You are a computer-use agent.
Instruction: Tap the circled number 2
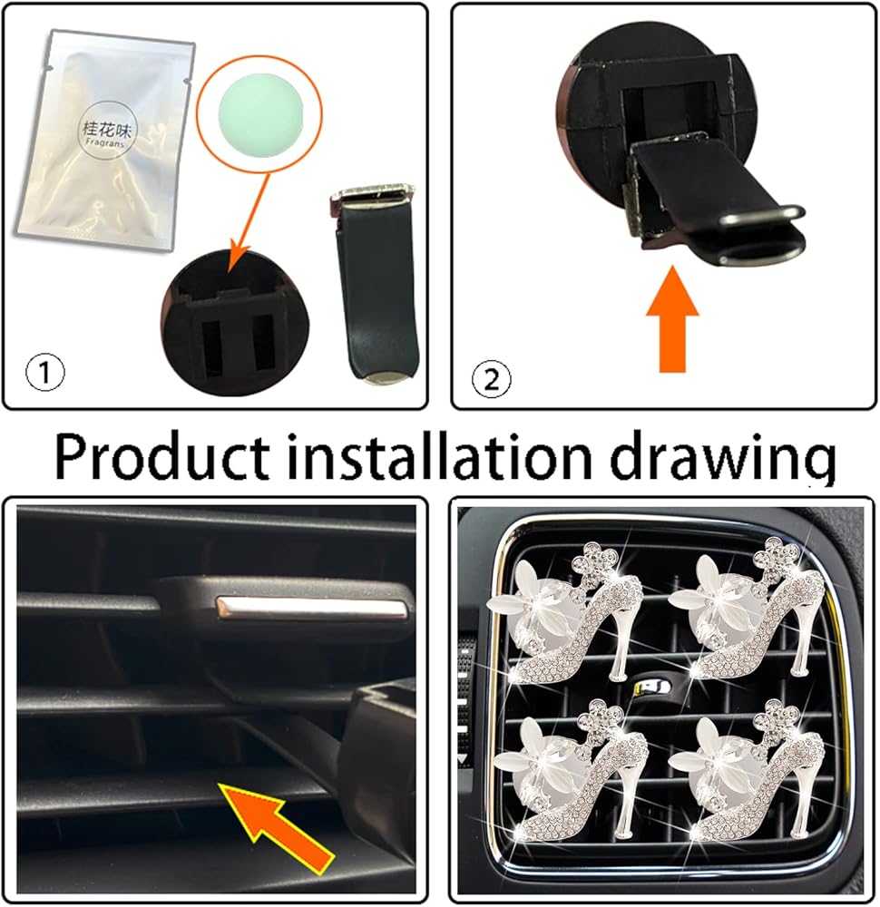click(x=492, y=380)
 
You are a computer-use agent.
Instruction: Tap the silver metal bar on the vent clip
click(x=312, y=606)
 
